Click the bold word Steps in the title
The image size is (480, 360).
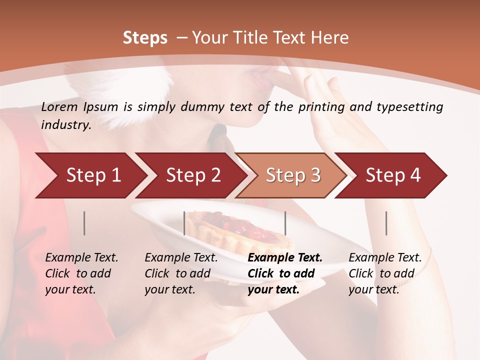coord(145,38)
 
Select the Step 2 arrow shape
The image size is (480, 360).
coord(193,175)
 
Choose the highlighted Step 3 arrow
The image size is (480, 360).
coord(293,175)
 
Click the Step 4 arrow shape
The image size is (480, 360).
coord(393,175)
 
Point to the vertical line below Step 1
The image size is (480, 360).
coord(84,223)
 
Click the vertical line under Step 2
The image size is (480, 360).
coord(184,223)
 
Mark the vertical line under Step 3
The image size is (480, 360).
coord(285,223)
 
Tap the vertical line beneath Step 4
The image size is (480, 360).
coord(386,223)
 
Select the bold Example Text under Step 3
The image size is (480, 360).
coord(285,273)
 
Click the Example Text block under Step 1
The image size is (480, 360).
coord(81,273)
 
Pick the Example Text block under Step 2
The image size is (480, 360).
coord(181,273)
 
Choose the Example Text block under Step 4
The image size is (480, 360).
coord(385,273)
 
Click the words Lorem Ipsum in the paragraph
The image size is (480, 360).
coord(80,107)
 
